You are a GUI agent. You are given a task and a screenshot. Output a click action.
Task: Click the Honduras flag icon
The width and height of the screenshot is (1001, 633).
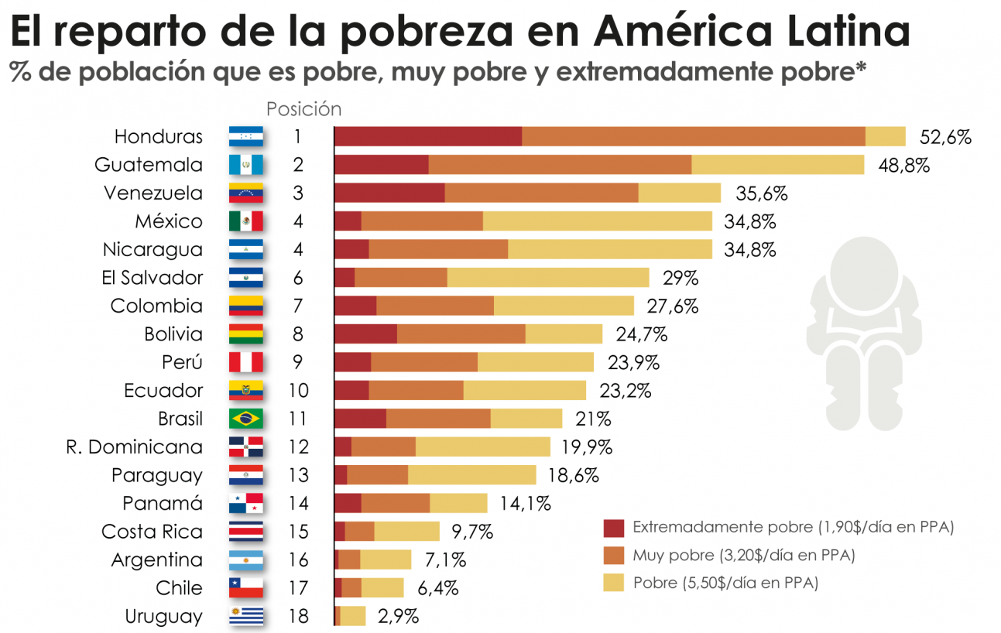pos(246,137)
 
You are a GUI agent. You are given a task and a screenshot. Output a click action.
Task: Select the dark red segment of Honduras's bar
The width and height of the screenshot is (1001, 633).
pos(428,136)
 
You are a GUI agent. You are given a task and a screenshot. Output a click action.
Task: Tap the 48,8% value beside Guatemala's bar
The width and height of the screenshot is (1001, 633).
pos(903,165)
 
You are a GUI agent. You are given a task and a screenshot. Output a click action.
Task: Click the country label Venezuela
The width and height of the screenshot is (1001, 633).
pos(153,193)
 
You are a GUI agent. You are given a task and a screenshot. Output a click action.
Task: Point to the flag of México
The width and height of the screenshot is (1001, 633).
pos(246,221)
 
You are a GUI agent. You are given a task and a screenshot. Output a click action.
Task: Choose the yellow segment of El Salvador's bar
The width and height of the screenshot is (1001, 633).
pos(548,278)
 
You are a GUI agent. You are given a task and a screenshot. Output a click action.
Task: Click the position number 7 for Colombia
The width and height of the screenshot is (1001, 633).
pos(298,306)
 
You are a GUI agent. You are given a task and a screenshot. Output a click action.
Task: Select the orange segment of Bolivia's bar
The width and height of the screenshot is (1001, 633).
pos(461,334)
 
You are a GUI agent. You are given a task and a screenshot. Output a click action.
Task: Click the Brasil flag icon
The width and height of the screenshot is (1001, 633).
pos(246,419)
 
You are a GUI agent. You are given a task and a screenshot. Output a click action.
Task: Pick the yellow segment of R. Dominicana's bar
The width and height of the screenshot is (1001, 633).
pos(482,447)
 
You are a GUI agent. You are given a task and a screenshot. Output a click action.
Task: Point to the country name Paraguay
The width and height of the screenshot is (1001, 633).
pos(157,475)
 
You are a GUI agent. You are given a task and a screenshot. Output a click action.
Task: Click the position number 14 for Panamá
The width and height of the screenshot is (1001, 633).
pos(298,504)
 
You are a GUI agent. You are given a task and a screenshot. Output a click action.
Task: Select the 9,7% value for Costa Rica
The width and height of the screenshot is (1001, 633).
pos(472,532)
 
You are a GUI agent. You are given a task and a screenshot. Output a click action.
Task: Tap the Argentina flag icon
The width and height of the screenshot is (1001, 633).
pos(246,560)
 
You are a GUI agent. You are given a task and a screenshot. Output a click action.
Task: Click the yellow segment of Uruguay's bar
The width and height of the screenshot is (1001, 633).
pos(353,616)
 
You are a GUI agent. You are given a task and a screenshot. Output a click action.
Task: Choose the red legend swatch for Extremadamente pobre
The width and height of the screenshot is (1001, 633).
pos(613,528)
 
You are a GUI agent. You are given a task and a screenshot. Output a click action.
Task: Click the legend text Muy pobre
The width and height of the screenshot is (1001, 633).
pos(670,555)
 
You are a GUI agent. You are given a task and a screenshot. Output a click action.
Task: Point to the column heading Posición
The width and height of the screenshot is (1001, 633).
pos(303,109)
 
